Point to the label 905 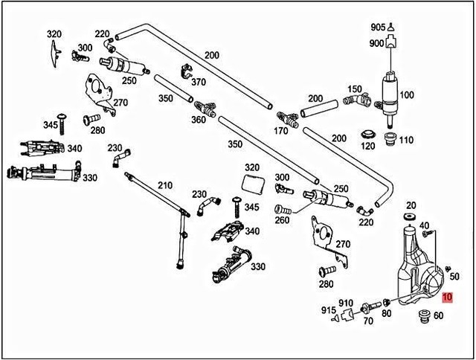click(379, 28)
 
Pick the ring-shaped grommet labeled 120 click(367, 134)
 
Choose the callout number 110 click(406, 139)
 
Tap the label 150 click(355, 89)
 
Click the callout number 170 click(282, 132)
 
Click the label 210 click(164, 185)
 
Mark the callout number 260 click(282, 221)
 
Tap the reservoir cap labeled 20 click(409, 216)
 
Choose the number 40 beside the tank click(424, 225)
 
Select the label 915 click(328, 309)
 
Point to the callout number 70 click(367, 322)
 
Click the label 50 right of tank click(456, 277)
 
